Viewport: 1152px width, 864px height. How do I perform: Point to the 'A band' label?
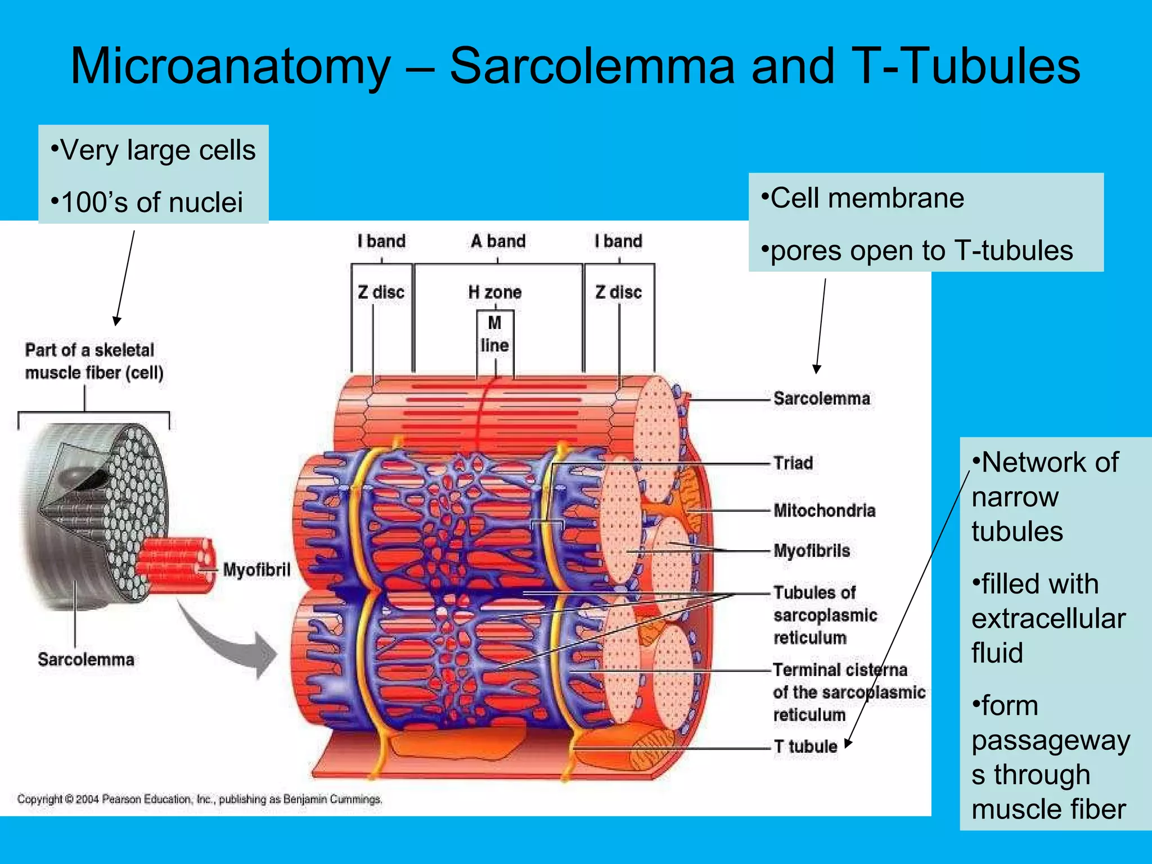click(x=498, y=241)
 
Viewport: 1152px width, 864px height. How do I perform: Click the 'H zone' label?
click(x=495, y=292)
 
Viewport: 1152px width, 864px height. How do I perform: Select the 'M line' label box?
click(x=494, y=334)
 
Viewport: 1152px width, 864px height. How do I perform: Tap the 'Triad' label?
click(x=793, y=463)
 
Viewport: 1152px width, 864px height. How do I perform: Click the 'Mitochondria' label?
click(x=824, y=510)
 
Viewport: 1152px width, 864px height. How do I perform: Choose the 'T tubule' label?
click(x=805, y=746)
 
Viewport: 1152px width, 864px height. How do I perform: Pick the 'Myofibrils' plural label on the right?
click(x=812, y=551)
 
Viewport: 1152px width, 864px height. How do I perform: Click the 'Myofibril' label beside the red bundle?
click(x=256, y=570)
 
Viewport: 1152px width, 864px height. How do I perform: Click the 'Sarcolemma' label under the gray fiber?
click(x=86, y=659)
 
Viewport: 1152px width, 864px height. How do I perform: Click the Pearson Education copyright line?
click(x=200, y=799)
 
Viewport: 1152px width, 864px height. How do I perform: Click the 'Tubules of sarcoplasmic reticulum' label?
click(x=825, y=615)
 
